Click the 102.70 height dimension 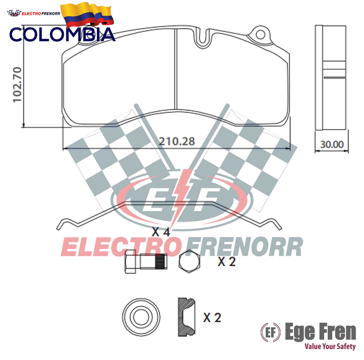pyautogui.click(x=17, y=85)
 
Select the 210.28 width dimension pyautogui.click(x=177, y=141)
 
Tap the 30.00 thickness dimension pyautogui.click(x=332, y=144)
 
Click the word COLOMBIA pyautogui.click(x=62, y=34)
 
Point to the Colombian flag pyautogui.click(x=87, y=14)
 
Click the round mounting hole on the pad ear pyautogui.click(x=260, y=35)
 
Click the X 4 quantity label pyautogui.click(x=161, y=232)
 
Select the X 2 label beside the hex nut pyautogui.click(x=226, y=262)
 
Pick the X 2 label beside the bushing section pyautogui.click(x=212, y=317)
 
